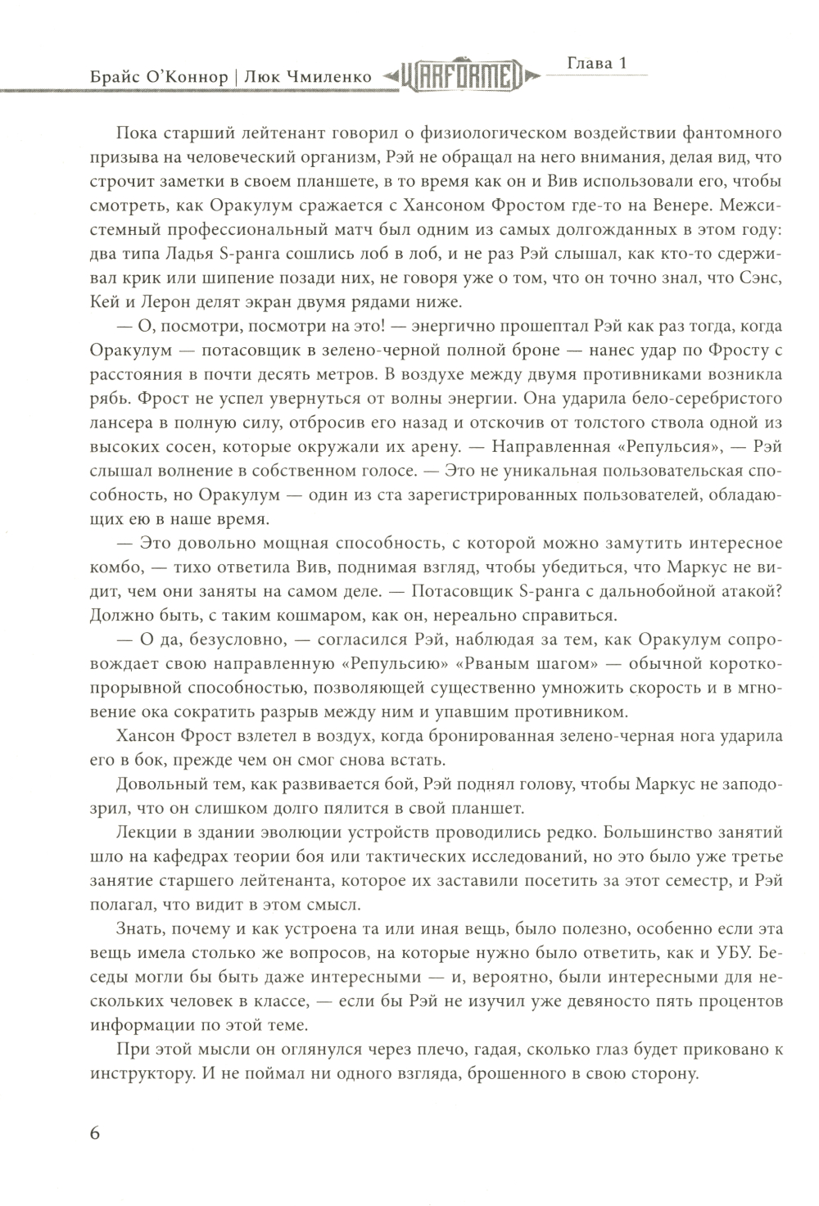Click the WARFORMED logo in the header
point(461,76)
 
